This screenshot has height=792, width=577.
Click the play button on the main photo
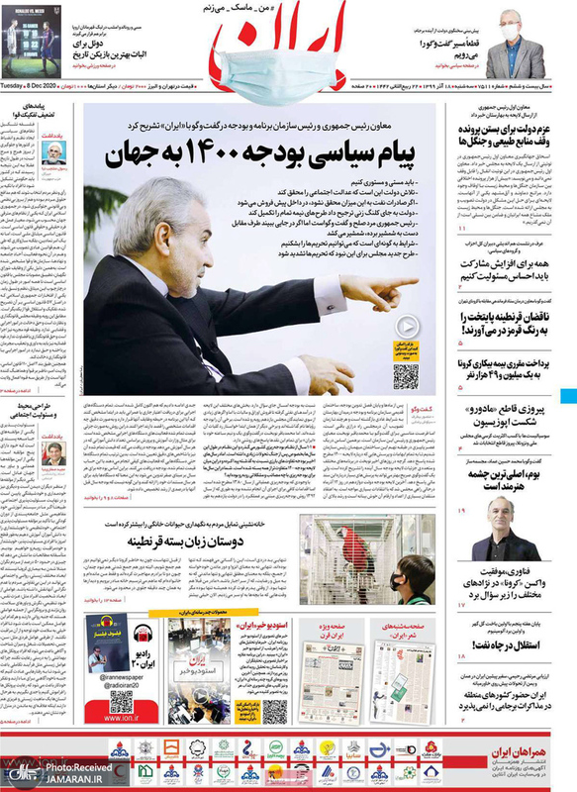pyautogui.click(x=405, y=326)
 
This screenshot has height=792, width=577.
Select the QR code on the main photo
pyautogui.click(x=405, y=374)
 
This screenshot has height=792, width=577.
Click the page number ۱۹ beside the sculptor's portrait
pyautogui.click(x=461, y=509)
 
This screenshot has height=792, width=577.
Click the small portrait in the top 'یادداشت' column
pyautogui.click(x=55, y=152)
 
